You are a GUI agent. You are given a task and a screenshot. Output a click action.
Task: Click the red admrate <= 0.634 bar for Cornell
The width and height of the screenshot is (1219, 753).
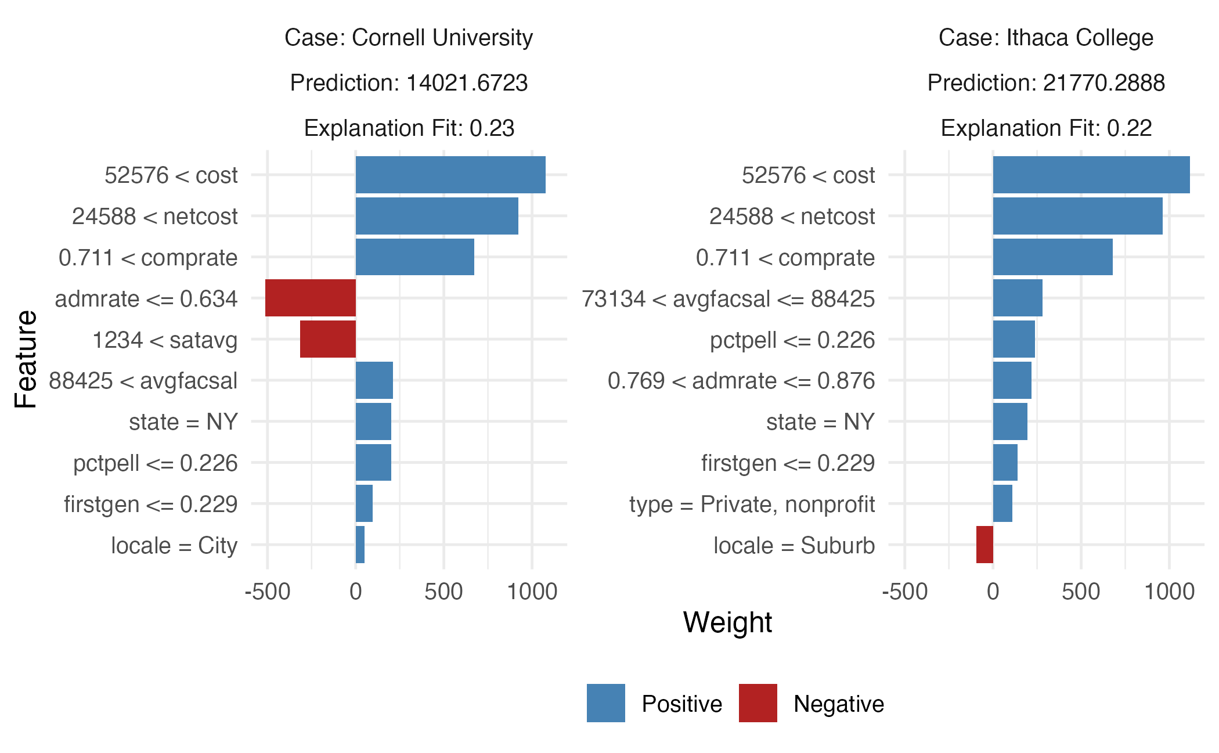311,298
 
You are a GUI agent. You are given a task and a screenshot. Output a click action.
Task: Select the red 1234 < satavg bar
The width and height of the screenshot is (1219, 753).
328,339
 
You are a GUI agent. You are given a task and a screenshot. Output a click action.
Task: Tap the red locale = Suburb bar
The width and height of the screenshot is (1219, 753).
984,545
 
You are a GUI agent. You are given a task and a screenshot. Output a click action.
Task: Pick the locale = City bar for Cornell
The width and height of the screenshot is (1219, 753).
360,545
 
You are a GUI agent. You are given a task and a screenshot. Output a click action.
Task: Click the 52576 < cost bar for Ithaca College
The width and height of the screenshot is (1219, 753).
1091,175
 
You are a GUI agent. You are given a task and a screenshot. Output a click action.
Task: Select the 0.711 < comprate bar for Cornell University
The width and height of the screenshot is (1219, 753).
415,257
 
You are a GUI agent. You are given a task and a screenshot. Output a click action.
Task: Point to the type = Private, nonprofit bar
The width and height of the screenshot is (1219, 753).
1002,503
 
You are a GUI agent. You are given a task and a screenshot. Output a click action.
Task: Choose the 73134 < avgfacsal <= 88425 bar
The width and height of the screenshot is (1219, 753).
1018,298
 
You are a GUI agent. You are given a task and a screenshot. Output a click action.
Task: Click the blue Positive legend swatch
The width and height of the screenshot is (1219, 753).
605,703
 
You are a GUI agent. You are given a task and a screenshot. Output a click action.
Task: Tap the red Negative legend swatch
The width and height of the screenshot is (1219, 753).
758,703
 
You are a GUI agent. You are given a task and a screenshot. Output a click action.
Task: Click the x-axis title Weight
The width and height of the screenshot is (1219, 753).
727,623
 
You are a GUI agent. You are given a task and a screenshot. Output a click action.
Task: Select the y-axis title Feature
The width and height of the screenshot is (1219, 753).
26,359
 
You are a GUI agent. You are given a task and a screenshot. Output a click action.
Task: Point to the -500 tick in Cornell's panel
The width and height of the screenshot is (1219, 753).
268,592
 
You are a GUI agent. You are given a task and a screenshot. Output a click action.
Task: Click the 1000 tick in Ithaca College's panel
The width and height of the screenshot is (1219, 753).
1169,592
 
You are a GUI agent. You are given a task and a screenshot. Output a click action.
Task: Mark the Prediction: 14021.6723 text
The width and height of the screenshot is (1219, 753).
409,83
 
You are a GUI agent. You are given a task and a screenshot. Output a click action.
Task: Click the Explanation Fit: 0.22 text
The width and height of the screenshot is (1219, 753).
1046,128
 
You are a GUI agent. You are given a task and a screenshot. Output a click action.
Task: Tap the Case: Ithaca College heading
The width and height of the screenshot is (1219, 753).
1046,38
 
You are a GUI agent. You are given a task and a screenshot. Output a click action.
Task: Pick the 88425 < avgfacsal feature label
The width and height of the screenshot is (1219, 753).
143,381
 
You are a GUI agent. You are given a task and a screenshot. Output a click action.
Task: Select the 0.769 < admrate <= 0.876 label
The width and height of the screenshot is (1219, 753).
741,381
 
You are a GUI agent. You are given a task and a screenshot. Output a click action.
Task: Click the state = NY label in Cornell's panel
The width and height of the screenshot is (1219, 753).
183,422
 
